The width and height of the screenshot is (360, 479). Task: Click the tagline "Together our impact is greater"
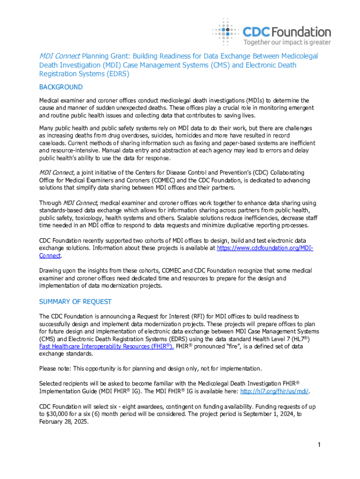pyautogui.click(x=287, y=42)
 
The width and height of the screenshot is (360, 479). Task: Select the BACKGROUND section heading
pyautogui.click(x=61, y=87)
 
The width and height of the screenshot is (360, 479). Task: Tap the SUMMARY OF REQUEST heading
pyautogui.click(x=75, y=302)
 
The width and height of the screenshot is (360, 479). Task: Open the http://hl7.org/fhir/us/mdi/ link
pyautogui.click(x=275, y=391)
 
